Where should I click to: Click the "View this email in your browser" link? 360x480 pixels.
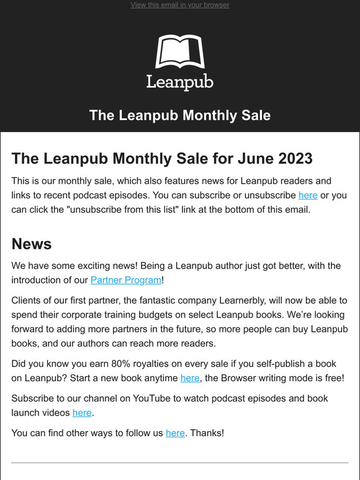click(x=179, y=5)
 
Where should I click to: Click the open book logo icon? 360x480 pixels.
click(x=179, y=52)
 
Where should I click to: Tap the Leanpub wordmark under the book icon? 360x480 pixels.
click(x=179, y=81)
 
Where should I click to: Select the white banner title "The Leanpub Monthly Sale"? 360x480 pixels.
click(x=179, y=115)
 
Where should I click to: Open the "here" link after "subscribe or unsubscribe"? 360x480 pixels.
click(x=308, y=195)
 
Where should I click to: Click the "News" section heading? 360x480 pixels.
click(x=31, y=243)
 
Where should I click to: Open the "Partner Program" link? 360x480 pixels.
click(x=126, y=280)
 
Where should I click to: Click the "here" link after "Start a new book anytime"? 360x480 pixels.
click(x=190, y=377)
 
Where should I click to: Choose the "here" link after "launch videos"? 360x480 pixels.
click(x=82, y=412)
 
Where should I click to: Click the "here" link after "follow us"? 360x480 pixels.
click(x=175, y=433)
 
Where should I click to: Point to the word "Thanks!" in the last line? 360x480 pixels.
click(x=207, y=433)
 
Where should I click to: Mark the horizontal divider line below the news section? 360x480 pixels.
click(x=179, y=463)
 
